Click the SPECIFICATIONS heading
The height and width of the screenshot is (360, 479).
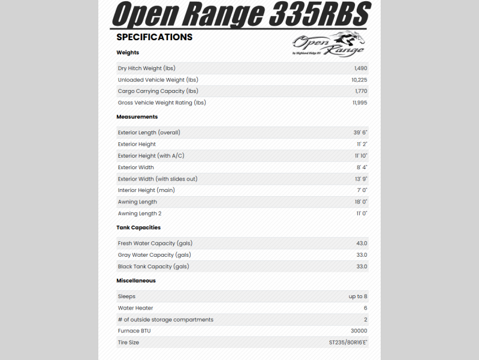pos(154,37)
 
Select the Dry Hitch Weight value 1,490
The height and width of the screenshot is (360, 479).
pos(360,68)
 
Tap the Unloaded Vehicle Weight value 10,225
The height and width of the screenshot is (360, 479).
pos(359,80)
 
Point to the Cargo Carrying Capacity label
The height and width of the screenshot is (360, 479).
pos(158,91)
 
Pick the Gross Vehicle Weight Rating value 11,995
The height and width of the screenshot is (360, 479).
pos(360,103)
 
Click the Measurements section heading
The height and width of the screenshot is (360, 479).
pos(137,117)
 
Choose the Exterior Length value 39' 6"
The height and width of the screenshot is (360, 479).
pos(360,133)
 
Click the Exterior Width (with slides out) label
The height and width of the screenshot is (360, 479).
pos(157,179)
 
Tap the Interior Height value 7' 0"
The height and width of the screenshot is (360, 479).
pos(361,190)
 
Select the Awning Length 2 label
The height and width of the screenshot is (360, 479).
pos(139,214)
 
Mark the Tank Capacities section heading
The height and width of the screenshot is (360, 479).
pos(138,228)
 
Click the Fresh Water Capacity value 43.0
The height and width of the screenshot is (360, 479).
pos(361,244)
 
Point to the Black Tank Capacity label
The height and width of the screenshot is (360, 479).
pos(153,266)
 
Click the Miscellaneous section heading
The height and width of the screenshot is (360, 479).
pos(136,281)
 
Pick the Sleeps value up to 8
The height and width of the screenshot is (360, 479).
pos(358,296)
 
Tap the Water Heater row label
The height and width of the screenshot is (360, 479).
pos(135,308)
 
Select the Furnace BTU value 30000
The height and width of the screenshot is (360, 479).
pos(359,331)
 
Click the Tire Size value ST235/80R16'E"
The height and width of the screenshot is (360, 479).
pos(348,343)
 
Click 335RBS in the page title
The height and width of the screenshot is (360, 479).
pos(319,14)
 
